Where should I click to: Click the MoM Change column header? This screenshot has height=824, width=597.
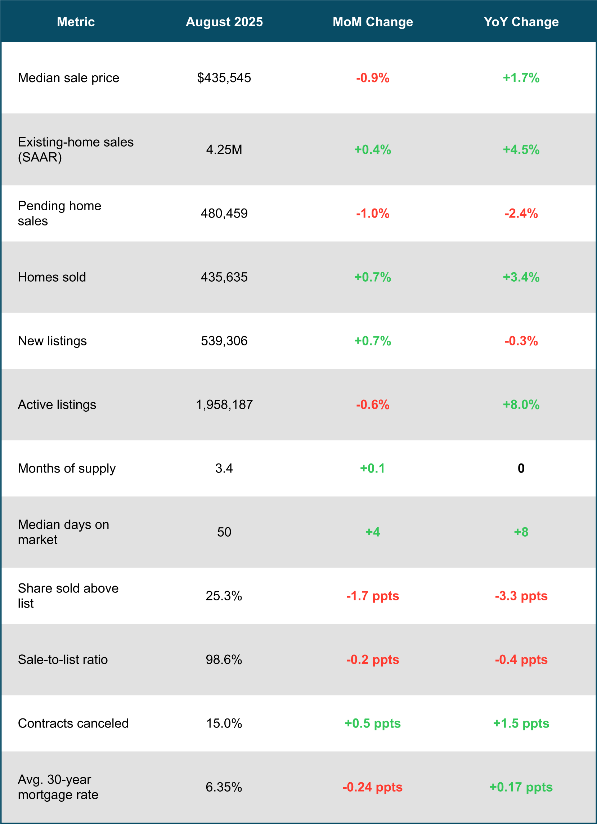373,22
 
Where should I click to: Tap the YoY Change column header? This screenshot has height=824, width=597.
521,22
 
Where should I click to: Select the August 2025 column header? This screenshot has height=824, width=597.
224,22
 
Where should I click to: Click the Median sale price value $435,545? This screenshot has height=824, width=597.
224,78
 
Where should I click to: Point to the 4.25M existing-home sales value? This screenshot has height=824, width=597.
224,149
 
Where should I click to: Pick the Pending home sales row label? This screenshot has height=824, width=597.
59,213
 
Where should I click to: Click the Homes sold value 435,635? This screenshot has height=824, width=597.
224,277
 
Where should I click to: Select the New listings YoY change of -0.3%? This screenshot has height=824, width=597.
521,341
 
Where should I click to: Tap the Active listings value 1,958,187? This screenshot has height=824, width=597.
224,405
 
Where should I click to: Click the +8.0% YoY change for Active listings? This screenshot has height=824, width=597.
521,405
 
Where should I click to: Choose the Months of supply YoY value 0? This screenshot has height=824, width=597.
521,468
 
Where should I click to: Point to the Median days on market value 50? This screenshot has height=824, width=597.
224,532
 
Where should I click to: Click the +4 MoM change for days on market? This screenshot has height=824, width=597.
373,532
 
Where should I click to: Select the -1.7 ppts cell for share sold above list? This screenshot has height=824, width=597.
373,596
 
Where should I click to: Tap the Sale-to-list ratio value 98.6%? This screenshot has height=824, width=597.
224,660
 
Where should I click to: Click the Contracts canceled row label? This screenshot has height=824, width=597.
73,724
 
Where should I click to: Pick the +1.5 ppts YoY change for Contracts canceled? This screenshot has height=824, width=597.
521,724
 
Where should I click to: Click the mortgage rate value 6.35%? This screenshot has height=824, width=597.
224,787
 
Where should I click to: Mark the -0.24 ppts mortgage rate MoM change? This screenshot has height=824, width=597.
373,787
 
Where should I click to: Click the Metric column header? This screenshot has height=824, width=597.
76,22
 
